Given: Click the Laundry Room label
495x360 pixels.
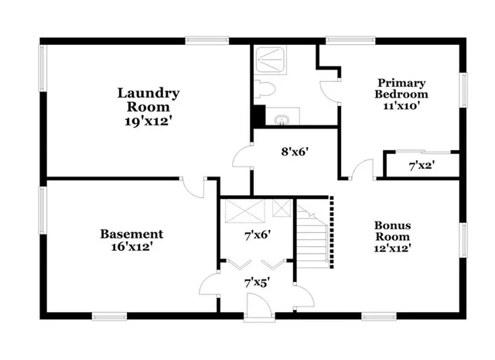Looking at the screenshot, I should point(148,100).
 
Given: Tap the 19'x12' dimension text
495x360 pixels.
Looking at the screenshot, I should point(148,121).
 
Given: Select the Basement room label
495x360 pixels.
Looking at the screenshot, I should point(131,234).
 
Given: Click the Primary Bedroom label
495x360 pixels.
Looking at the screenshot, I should point(402,88).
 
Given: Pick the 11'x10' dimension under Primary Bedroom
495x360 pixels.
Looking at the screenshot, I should point(402,108).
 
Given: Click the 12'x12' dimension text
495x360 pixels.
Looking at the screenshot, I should point(394,249).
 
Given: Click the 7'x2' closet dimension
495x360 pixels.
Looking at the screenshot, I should point(422,165).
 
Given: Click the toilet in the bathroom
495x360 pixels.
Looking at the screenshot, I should point(263,87).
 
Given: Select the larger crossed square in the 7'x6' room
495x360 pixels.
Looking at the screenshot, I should point(244,210).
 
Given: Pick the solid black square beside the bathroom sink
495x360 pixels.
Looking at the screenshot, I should point(258,115).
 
